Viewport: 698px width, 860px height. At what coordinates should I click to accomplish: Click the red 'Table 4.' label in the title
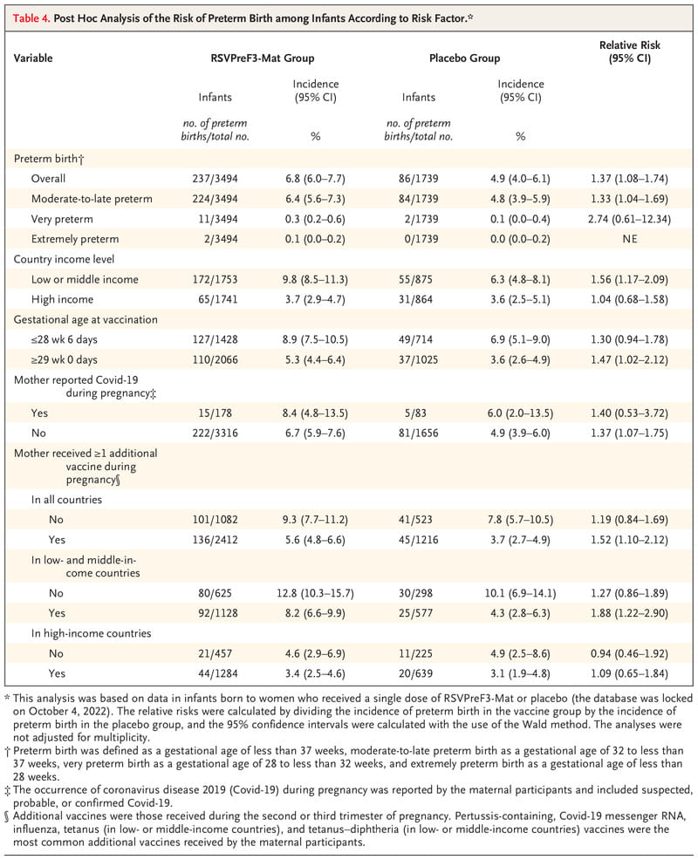[x=31, y=18]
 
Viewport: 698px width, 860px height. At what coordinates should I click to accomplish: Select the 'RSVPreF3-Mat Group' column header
[x=263, y=58]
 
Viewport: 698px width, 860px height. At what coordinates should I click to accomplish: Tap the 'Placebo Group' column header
[x=464, y=58]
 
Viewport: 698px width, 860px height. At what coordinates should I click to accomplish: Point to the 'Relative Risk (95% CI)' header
[x=629, y=51]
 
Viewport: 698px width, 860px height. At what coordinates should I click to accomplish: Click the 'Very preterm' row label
[x=62, y=219]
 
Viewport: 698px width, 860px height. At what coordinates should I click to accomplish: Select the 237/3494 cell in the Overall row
[x=216, y=179]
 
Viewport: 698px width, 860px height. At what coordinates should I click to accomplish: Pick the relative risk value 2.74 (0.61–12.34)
[x=629, y=219]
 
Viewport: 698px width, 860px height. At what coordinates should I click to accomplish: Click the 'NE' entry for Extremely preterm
[x=630, y=239]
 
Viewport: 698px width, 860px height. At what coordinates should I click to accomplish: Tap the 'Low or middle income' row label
[x=85, y=279]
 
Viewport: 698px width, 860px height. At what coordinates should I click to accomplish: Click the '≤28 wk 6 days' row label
[x=65, y=339]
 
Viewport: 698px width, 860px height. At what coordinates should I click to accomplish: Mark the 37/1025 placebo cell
[x=418, y=360]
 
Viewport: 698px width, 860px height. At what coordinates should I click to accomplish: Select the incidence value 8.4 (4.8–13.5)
[x=315, y=413]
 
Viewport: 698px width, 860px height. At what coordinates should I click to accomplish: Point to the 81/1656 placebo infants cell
[x=418, y=433]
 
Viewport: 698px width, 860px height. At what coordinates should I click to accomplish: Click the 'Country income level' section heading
[x=64, y=259]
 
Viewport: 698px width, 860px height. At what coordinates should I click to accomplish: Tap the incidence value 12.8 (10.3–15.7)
[x=315, y=593]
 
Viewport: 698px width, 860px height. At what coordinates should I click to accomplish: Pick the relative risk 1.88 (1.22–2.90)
[x=629, y=613]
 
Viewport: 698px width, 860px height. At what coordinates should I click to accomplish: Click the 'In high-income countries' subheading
[x=91, y=633]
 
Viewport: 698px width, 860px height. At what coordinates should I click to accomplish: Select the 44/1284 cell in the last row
[x=218, y=673]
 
